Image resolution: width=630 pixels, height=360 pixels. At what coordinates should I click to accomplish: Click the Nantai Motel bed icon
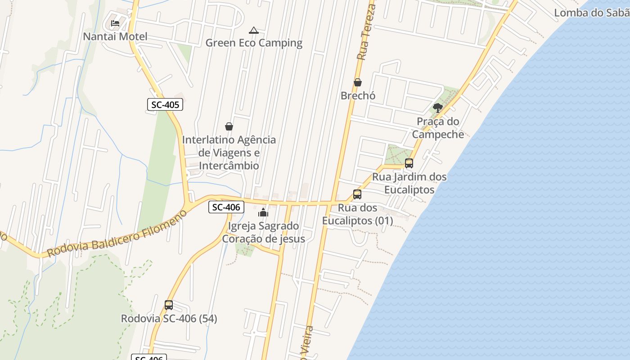click(x=115, y=23)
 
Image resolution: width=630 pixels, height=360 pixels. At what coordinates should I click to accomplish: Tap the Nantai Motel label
click(x=115, y=36)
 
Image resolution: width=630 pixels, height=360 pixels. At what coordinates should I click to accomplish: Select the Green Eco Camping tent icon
click(x=254, y=31)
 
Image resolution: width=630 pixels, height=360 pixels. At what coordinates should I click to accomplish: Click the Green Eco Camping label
click(x=254, y=43)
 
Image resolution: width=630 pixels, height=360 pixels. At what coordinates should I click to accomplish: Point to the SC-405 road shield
click(x=165, y=105)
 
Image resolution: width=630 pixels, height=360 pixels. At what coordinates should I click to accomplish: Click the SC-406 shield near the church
click(x=226, y=207)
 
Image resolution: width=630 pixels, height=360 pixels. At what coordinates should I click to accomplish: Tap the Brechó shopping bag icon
click(x=358, y=83)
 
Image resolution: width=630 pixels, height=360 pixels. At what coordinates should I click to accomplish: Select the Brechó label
click(x=358, y=96)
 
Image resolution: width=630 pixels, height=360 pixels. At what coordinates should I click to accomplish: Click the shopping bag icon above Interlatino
click(x=229, y=127)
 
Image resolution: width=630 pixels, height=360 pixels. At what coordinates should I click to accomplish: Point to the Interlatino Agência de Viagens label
click(x=229, y=153)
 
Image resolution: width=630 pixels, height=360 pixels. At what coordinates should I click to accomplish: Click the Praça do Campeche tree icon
click(x=437, y=108)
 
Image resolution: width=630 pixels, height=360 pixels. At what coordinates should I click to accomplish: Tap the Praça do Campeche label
click(x=438, y=128)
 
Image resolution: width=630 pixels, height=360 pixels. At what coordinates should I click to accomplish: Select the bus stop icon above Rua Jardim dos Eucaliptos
click(x=409, y=163)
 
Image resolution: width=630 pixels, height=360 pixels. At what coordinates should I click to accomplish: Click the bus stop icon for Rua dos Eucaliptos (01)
click(x=357, y=194)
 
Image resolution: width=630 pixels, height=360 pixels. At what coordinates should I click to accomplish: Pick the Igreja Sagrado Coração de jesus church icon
click(x=263, y=212)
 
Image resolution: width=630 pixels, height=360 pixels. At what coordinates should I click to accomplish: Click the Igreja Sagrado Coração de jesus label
click(x=263, y=232)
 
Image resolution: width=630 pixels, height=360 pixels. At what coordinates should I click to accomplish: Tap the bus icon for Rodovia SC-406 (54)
click(x=169, y=305)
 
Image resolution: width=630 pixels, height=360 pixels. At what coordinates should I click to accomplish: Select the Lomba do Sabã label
click(x=591, y=13)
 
